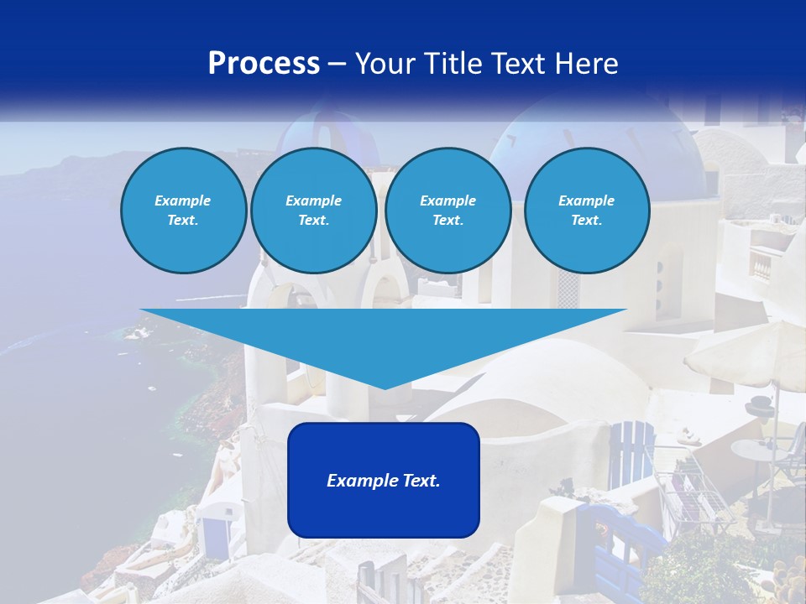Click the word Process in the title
point(264,64)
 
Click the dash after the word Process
point(338,65)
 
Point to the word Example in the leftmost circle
point(182,200)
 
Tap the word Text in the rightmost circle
point(586,221)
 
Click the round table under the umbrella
point(760,451)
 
